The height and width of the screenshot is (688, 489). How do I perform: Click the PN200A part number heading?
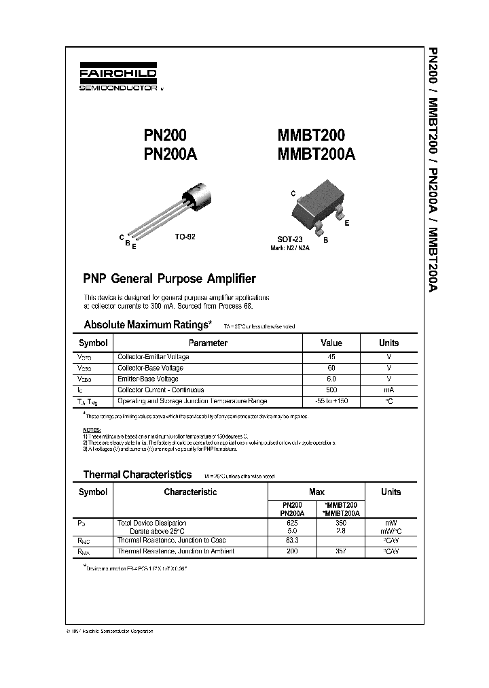coord(170,154)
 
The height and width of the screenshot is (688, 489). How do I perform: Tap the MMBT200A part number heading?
coord(316,154)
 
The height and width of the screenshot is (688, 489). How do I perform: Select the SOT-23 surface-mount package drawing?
coord(316,207)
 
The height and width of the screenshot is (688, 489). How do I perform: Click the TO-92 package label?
coord(185,239)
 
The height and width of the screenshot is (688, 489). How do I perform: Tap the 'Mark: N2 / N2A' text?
coord(290,248)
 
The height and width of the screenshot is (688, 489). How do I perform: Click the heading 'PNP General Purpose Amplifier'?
coord(169,279)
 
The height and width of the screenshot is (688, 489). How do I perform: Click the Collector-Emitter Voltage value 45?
coord(331,356)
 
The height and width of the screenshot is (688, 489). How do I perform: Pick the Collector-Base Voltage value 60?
coord(331,368)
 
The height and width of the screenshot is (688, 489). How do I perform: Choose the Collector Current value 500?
coord(331,390)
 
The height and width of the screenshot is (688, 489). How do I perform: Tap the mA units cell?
coord(388,390)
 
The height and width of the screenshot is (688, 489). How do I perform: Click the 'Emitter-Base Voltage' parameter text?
coord(148,379)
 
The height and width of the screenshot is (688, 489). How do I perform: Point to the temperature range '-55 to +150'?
coord(331,401)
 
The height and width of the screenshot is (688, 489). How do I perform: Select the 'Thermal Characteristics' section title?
coord(137,475)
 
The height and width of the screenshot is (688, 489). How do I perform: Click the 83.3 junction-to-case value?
coord(292,540)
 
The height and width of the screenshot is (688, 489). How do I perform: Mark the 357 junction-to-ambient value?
coord(341,551)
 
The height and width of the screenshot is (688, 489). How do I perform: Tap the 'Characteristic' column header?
coord(190,492)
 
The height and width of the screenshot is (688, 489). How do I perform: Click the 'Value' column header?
coord(331,343)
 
